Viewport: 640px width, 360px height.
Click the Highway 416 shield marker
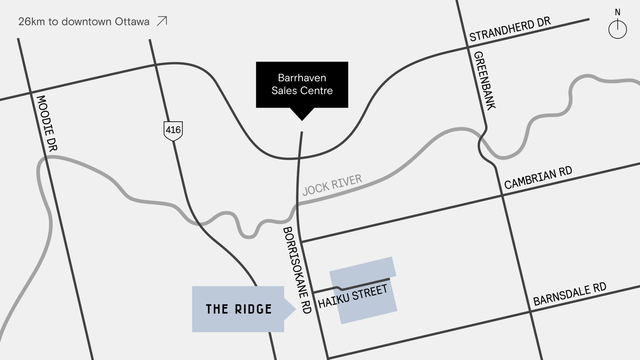coord(173,130)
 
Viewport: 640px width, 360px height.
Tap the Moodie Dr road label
coord(47,123)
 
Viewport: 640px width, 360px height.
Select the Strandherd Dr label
coord(510,29)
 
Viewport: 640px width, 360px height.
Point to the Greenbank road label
coord(484,81)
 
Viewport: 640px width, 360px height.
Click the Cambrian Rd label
coord(538,178)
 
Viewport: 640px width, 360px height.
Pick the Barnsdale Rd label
coord(570,294)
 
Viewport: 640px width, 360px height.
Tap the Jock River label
coord(332,185)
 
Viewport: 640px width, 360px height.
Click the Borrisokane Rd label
coord(297,270)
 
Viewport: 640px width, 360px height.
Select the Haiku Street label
coord(353,296)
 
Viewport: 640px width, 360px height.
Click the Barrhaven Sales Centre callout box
coord(302,84)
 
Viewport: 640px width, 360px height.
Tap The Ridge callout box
coord(238,309)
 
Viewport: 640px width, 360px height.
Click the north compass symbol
coord(617,29)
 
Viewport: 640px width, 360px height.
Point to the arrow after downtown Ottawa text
coord(162,21)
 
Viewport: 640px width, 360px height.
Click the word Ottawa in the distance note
coord(132,21)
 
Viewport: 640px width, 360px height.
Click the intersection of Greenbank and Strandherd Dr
coord(467,48)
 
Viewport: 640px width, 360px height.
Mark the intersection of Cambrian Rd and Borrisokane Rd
coord(301,242)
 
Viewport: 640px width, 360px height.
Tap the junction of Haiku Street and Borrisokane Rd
coord(313,293)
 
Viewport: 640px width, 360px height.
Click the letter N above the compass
coord(618,12)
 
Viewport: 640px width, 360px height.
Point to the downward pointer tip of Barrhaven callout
coord(302,120)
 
